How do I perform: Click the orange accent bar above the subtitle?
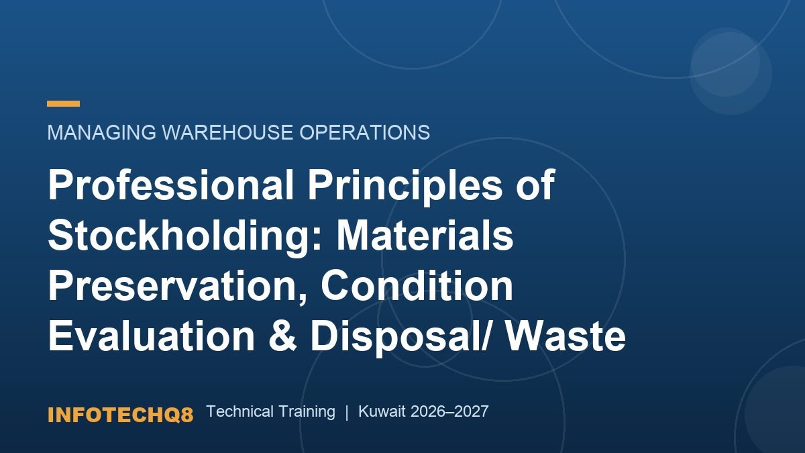click(x=63, y=104)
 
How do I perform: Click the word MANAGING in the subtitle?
click(x=102, y=132)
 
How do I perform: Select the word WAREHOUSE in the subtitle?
click(x=228, y=132)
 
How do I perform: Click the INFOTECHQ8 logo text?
click(x=120, y=415)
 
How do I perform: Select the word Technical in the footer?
click(x=240, y=411)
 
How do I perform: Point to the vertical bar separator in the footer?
click(x=347, y=412)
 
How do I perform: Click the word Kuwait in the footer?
click(x=382, y=411)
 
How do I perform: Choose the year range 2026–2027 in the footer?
click(x=449, y=411)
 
